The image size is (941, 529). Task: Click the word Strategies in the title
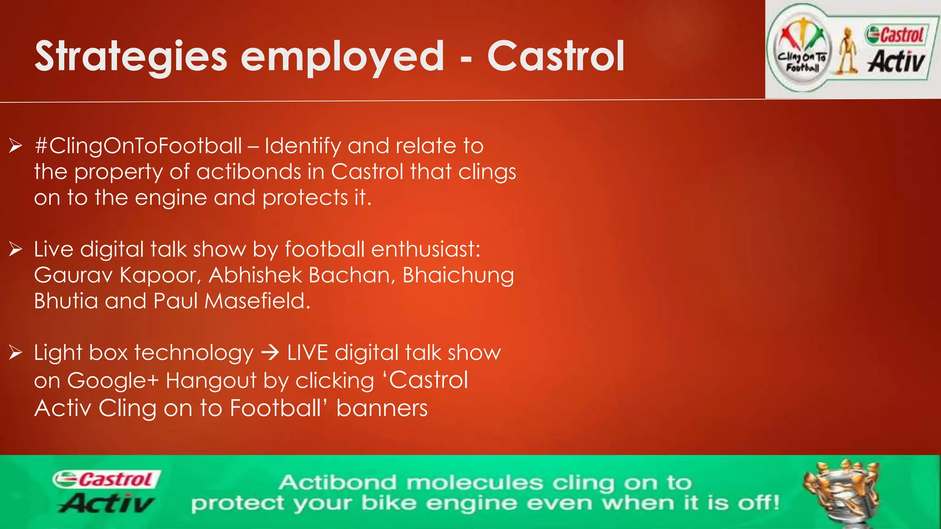[x=130, y=57]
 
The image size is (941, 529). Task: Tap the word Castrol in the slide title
[x=556, y=57]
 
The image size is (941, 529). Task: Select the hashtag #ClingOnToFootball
[x=138, y=146]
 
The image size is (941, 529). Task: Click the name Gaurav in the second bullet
[x=74, y=276]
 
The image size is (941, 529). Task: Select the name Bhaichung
[x=458, y=276]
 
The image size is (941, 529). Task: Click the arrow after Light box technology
[x=270, y=353]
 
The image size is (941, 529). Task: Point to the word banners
[x=382, y=408]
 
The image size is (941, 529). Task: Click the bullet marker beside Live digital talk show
[x=15, y=249]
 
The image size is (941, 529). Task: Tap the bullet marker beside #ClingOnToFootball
[x=15, y=146]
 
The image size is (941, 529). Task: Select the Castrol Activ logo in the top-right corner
[x=896, y=50]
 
